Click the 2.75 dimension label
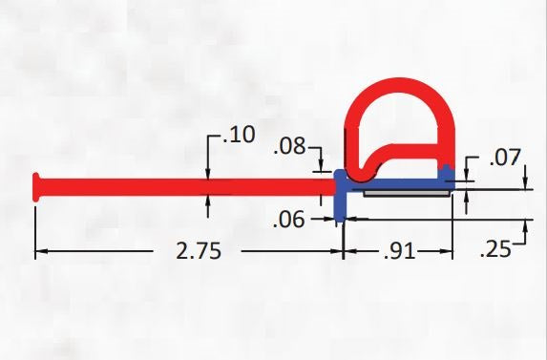pyautogui.click(x=199, y=251)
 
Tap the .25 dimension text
pyautogui.click(x=494, y=251)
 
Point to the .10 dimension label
pyautogui.click(x=238, y=136)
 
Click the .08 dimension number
pyautogui.click(x=289, y=147)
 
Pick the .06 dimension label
pyautogui.click(x=288, y=220)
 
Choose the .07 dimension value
pyautogui.click(x=505, y=159)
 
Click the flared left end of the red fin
pyautogui.click(x=37, y=185)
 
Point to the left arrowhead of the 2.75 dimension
pyautogui.click(x=40, y=252)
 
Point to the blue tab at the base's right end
pyautogui.click(x=446, y=173)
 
